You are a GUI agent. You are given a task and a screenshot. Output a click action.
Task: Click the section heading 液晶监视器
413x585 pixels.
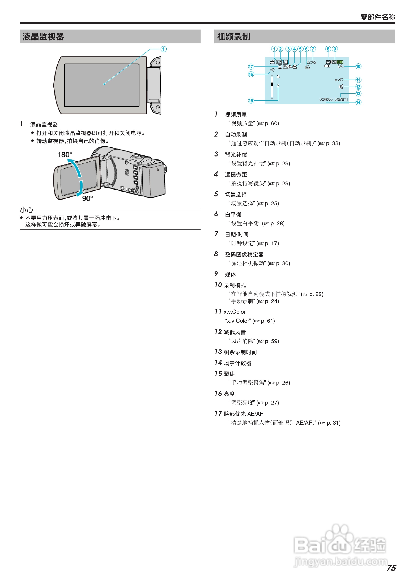43,37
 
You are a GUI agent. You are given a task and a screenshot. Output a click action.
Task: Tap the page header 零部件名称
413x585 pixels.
377,17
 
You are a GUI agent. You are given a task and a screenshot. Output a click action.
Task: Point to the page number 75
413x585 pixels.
391,568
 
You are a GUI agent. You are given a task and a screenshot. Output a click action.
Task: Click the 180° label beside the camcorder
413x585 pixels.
65,154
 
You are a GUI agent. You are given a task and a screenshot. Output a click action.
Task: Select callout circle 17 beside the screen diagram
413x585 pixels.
251,67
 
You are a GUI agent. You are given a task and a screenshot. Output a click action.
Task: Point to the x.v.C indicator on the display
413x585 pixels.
339,80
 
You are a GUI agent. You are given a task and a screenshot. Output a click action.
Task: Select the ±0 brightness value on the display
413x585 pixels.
272,70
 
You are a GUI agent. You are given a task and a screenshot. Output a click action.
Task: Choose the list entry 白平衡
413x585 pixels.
233,215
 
